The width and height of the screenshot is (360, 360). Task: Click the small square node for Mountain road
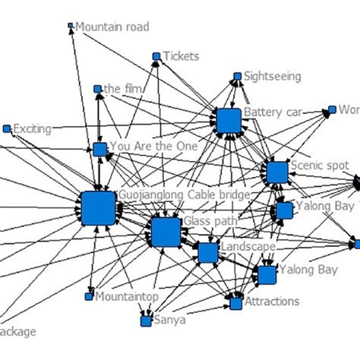coord(71,25)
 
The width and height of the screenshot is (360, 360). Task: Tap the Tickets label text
coord(182,56)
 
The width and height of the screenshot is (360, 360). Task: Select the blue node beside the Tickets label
coord(156,56)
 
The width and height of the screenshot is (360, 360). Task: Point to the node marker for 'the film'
coord(97,89)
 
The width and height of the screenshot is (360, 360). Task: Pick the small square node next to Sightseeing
coord(237,76)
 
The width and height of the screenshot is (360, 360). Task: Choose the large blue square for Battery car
coord(228,122)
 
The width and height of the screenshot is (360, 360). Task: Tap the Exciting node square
coord(7,129)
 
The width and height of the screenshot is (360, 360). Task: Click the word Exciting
coord(32,129)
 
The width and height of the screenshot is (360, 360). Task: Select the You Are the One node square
coord(99,149)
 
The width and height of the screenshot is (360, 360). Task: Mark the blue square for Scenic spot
coord(277,172)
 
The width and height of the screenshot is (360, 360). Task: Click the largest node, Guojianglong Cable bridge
coord(97,207)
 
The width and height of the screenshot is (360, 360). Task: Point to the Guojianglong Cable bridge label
coord(183,195)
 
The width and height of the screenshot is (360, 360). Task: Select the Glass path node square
coord(166,232)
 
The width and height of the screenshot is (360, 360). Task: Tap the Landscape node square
coord(207,253)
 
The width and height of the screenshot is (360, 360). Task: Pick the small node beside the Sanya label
coord(145,321)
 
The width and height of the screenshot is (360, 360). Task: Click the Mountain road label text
coord(112,27)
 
